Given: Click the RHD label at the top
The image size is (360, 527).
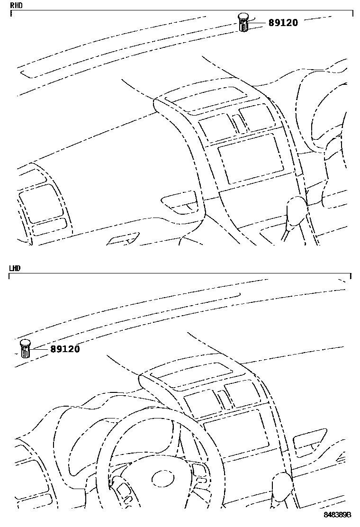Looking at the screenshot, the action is coord(17,5).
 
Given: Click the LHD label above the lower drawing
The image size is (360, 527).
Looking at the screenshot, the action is coord(15,268).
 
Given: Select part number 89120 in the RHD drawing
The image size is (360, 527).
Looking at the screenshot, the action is coord(283,23).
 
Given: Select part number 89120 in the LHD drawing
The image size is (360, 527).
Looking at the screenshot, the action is coord(65,349).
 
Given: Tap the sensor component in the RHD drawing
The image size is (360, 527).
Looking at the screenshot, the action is coord(243,22).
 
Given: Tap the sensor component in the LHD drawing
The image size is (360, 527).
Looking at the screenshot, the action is coord(26,349).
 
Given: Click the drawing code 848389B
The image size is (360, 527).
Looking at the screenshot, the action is coord(337,515).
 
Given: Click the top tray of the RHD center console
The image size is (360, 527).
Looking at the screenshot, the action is coord(210,99).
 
